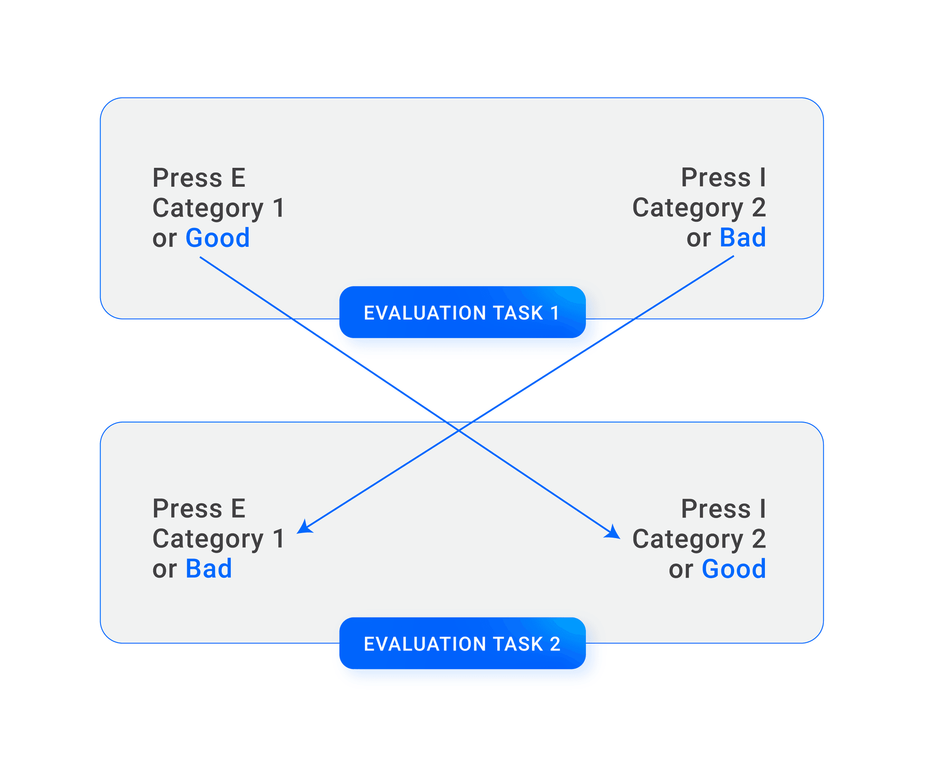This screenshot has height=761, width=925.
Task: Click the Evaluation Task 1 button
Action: [x=462, y=312]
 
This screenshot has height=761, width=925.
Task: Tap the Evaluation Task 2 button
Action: [x=462, y=643]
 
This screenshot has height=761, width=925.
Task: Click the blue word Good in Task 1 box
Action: [x=217, y=238]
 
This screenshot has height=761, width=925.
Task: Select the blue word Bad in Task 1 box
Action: [x=742, y=238]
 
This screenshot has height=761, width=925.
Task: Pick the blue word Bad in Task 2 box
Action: [x=208, y=569]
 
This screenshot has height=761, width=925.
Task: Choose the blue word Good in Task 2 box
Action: [x=734, y=569]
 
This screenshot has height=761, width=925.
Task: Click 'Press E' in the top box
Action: [x=199, y=178]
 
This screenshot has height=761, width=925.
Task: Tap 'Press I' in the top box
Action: [x=723, y=178]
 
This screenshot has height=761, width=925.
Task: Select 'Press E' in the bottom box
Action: [x=199, y=509]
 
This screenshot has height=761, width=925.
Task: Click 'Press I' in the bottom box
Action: [x=723, y=509]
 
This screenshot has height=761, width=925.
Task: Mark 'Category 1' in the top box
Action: [x=218, y=208]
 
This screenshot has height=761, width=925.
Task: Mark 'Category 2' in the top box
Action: [x=699, y=208]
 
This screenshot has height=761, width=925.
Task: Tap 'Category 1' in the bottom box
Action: [x=218, y=539]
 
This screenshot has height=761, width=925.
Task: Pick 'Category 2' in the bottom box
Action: [x=699, y=539]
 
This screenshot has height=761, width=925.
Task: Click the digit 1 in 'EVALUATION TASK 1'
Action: [x=555, y=313]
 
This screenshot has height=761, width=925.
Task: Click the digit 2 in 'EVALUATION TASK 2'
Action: [x=555, y=644]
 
